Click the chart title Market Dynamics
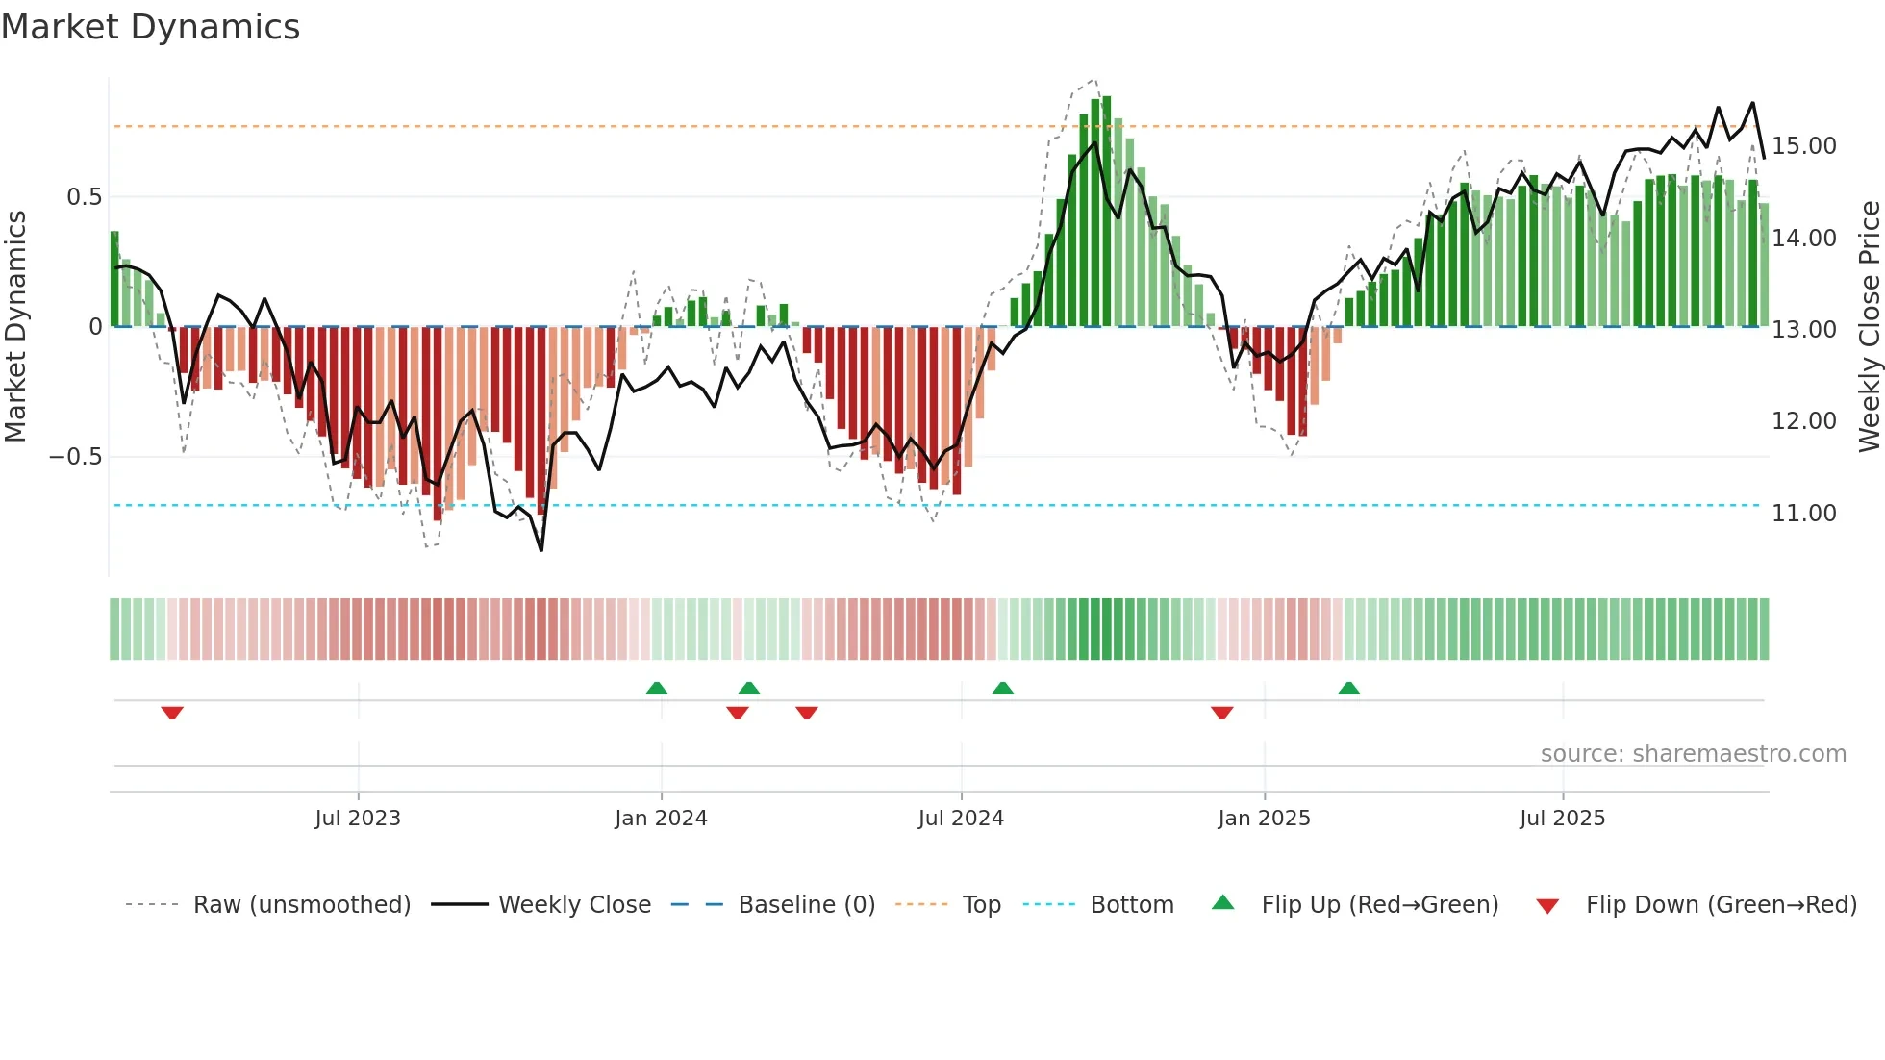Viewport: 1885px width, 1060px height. pos(150,27)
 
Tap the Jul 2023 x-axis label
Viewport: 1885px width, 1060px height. pos(358,819)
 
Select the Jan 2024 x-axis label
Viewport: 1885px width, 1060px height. pos(661,819)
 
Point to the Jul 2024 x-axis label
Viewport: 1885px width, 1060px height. pos(961,819)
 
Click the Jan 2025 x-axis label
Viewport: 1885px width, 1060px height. pos(1264,819)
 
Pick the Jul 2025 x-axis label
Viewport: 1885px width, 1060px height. pos(1562,819)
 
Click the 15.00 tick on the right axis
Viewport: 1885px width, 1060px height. pos(1804,146)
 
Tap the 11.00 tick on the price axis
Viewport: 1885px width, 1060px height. pos(1804,514)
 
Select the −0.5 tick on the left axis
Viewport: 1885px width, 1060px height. pos(76,457)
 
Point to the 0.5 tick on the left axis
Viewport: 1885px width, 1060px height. pos(84,197)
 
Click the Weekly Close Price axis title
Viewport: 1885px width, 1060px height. pos(1869,327)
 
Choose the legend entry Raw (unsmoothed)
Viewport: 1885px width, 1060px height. pos(301,905)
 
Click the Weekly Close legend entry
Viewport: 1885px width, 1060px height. pos(574,905)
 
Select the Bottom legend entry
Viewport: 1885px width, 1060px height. pos(1131,905)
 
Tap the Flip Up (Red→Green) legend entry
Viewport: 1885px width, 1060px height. pos(1379,905)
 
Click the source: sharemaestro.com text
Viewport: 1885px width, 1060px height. pos(1693,754)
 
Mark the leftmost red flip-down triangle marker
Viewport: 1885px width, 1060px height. pos(172,713)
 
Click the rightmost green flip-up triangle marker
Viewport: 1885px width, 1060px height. pos(1348,688)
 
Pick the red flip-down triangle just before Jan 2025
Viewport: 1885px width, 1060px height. pos(1221,713)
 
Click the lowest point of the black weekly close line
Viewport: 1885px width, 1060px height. pos(541,550)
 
